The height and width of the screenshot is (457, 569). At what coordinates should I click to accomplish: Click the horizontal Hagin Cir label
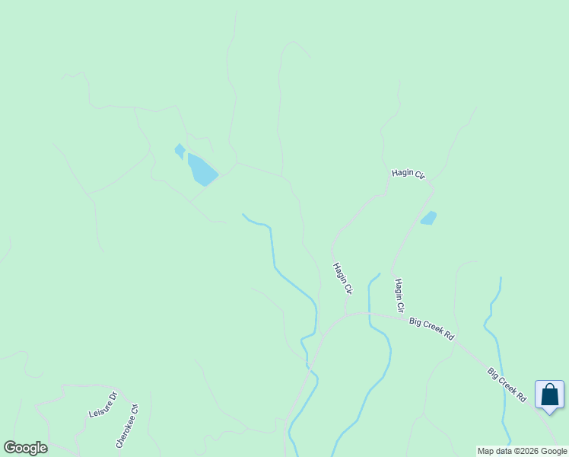point(408,174)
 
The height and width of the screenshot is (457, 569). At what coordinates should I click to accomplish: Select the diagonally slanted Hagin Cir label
point(343,279)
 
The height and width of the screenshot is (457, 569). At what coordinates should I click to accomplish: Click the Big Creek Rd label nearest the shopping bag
point(507,385)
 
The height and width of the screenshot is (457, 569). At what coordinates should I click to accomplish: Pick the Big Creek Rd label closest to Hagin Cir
point(431,328)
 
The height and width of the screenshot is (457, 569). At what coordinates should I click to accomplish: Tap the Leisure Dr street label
point(103,404)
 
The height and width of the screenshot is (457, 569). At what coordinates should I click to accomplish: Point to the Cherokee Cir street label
point(127,425)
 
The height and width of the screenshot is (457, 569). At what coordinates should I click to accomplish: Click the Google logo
point(25,448)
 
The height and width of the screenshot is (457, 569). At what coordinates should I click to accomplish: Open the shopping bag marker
point(549,395)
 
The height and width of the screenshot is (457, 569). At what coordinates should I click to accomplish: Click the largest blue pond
point(202,170)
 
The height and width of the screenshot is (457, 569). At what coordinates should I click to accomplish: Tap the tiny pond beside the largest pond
point(180,151)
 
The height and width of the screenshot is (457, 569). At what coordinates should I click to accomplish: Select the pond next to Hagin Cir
point(429,218)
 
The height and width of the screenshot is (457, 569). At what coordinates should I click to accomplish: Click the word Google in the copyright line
point(554,451)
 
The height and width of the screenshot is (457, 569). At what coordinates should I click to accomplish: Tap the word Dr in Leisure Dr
point(113,396)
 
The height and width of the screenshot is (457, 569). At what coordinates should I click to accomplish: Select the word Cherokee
point(124,429)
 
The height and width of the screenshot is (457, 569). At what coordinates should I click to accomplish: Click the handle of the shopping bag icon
point(549,389)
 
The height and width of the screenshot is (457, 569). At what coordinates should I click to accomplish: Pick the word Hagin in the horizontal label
point(402,173)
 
